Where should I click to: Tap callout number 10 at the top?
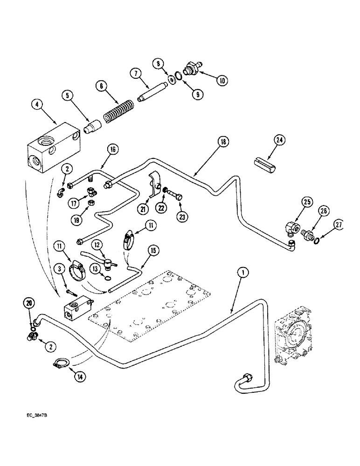tap(222, 81)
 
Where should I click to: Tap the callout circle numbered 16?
tap(112, 150)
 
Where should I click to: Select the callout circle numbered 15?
tap(152, 250)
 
